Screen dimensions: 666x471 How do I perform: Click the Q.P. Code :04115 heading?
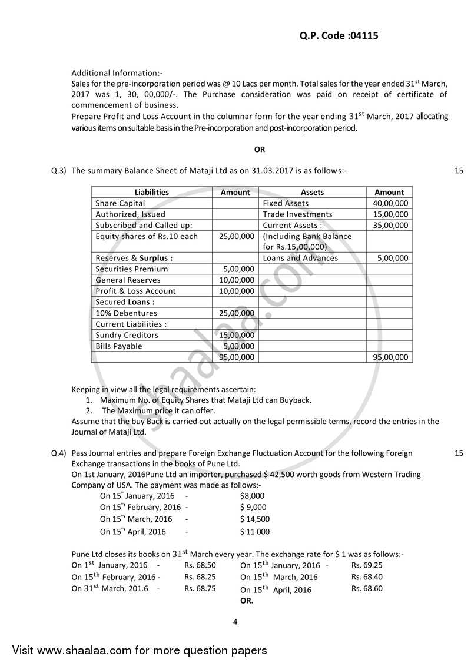tap(334, 35)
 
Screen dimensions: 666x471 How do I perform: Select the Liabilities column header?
tap(151, 192)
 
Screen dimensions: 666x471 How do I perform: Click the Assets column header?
tap(312, 192)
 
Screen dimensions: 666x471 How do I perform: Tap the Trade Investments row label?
tap(297, 214)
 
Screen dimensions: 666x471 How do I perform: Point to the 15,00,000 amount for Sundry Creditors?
tap(236, 335)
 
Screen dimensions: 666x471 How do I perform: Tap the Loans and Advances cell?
tap(300, 258)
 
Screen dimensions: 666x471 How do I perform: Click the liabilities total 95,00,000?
tap(236, 357)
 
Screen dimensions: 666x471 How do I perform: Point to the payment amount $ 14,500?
tap(255, 519)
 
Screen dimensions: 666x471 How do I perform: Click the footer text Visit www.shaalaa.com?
tap(140, 651)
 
